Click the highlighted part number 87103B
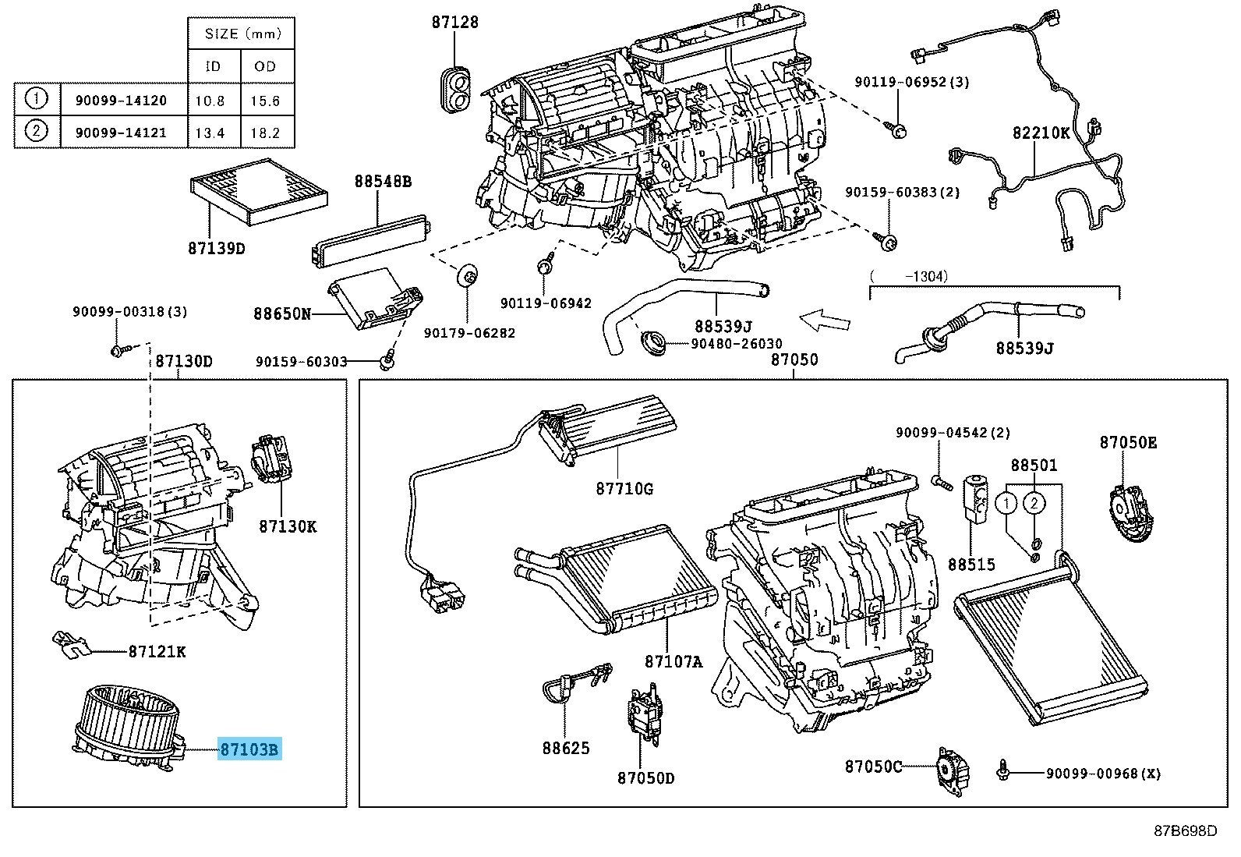point(249,750)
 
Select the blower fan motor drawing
point(129,724)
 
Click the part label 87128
point(454,22)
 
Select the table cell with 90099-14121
point(120,132)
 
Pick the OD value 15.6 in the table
point(265,101)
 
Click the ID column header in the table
point(213,66)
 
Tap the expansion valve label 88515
point(971,564)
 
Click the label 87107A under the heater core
point(673,661)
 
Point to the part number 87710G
point(624,489)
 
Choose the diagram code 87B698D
point(1185,831)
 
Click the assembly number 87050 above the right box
point(794,359)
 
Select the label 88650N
point(281,314)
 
